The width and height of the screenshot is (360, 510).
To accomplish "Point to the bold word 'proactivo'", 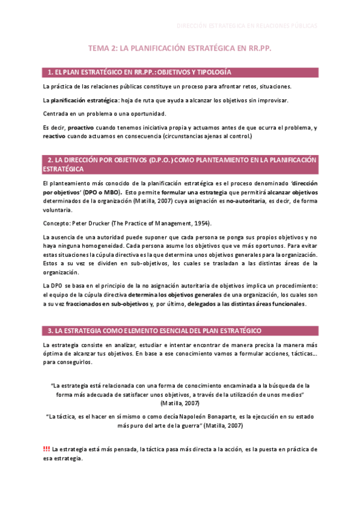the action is [81, 127].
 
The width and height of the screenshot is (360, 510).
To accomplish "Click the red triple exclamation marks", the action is [46, 449].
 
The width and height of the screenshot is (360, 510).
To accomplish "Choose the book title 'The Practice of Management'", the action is [149, 223].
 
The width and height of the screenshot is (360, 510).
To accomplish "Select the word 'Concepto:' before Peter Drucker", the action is [56, 223].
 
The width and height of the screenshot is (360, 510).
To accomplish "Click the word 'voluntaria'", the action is [58, 210].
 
